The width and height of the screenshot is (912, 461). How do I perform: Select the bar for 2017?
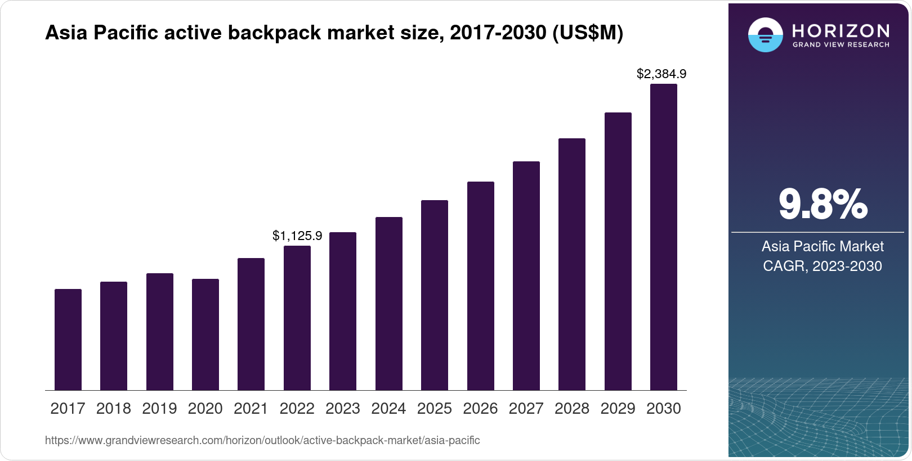(68, 340)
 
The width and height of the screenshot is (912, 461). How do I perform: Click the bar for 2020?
(205, 335)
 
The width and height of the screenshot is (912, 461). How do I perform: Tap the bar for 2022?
(297, 318)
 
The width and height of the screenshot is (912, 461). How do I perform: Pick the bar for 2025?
(435, 295)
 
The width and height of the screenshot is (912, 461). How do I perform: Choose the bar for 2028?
(572, 264)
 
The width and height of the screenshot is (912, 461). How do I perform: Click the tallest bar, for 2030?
(664, 237)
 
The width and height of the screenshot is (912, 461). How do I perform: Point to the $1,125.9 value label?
(297, 236)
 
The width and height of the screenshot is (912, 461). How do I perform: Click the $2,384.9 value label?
(661, 74)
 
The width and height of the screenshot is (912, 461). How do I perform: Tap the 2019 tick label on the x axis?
(159, 409)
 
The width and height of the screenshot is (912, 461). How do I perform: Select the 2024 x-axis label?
(388, 409)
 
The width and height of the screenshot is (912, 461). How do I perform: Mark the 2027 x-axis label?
(526, 409)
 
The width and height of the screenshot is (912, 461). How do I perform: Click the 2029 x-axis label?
(618, 409)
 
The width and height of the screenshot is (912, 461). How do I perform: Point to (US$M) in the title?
(587, 33)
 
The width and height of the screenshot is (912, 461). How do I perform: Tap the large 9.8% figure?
(822, 205)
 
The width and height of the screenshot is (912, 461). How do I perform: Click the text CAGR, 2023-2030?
(822, 266)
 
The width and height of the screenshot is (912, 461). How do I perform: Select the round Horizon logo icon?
(765, 35)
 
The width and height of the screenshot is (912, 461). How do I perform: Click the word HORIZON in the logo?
(841, 30)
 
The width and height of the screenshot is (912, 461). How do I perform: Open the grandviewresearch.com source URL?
(262, 441)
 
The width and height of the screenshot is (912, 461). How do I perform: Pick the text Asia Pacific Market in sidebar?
(822, 247)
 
